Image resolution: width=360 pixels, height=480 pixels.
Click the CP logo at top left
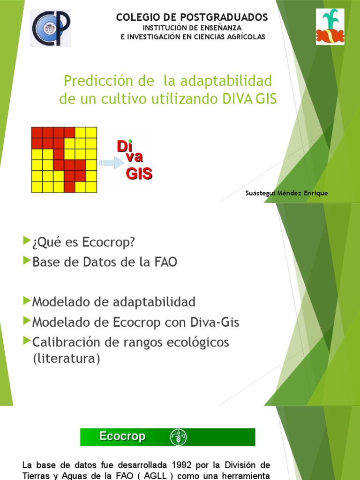coord(51,28)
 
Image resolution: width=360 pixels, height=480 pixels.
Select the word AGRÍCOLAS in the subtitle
coord(244,37)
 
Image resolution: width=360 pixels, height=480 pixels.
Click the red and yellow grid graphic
coord(64,160)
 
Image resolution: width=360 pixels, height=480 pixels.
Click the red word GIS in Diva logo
coord(139,174)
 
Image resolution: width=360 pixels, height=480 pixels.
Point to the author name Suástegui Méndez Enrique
coord(286,193)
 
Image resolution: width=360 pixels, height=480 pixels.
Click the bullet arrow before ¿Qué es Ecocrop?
coord(26,241)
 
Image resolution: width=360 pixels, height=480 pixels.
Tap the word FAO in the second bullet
coord(164,262)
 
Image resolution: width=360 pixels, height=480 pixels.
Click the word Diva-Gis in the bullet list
coord(215,322)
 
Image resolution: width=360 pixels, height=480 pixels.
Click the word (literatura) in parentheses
coord(66,360)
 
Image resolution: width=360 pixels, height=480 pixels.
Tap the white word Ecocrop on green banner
coord(122,437)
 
